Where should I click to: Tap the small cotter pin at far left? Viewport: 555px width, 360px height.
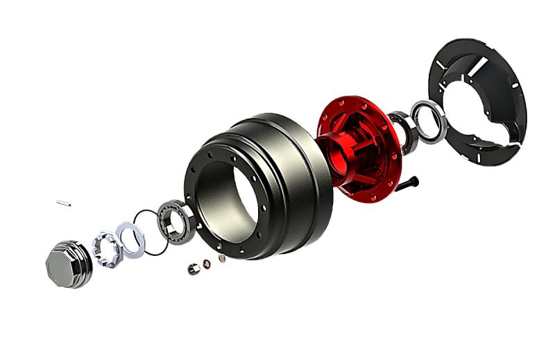pyautogui.click(x=64, y=203)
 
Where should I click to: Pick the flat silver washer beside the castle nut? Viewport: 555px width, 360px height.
pyautogui.click(x=130, y=237)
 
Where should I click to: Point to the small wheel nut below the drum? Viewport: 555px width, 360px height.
pyautogui.click(x=191, y=269)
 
